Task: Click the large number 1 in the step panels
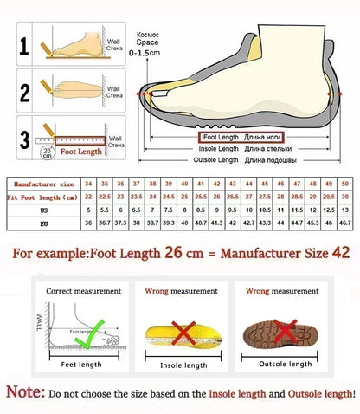pyautogui.click(x=26, y=45)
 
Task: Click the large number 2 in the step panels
pyautogui.click(x=26, y=92)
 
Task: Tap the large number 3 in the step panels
pyautogui.click(x=26, y=138)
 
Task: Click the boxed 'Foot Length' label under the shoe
pyautogui.click(x=220, y=137)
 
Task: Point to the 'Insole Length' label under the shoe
pyautogui.click(x=218, y=148)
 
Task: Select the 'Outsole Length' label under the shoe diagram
pyautogui.click(x=216, y=160)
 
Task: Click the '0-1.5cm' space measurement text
pyautogui.click(x=144, y=53)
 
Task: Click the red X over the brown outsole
pyautogui.click(x=280, y=329)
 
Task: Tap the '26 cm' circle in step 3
pyautogui.click(x=47, y=153)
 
